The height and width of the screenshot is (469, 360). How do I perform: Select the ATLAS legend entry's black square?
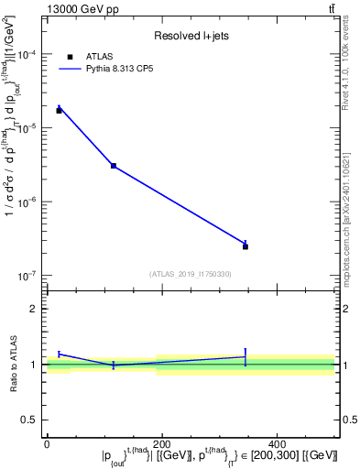click(71, 57)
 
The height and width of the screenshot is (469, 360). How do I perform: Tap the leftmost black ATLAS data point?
click(59, 110)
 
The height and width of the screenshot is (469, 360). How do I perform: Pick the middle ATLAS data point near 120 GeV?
click(113, 166)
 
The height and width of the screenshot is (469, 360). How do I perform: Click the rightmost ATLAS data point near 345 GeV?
click(245, 246)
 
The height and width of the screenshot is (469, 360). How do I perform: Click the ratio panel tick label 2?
click(35, 309)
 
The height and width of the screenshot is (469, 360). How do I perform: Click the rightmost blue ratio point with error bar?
click(245, 356)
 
